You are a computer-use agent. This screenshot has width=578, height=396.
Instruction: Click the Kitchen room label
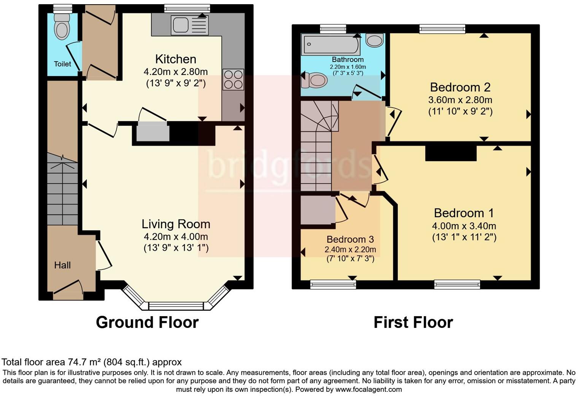tap(176, 59)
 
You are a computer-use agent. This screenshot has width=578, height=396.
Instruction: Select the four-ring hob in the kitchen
tap(233, 80)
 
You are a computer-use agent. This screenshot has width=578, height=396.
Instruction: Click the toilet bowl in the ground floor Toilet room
tap(61, 29)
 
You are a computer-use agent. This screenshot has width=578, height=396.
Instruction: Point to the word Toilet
tap(62, 64)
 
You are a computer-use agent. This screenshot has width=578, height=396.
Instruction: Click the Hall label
tap(62, 265)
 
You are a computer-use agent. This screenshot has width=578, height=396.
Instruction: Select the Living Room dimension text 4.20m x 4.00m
tap(176, 237)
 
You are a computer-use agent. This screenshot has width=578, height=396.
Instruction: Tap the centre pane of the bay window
tap(176, 306)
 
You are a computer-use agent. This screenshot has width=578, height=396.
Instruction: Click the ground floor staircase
tap(62, 194)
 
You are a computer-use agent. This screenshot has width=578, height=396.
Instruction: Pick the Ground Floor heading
tap(147, 322)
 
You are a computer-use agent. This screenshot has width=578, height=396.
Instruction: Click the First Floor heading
tap(413, 322)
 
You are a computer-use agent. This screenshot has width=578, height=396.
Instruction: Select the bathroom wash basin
tap(375, 40)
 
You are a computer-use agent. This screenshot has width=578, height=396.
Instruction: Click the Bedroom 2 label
tap(460, 87)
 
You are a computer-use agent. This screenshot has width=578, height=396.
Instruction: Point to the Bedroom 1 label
tap(464, 213)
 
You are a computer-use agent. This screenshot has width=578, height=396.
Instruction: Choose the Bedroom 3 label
tap(350, 239)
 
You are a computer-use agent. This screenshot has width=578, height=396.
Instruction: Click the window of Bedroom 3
tap(333, 284)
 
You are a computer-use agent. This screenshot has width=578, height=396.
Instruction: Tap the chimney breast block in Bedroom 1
tap(451, 153)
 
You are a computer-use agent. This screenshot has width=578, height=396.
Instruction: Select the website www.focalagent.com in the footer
tap(368, 389)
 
